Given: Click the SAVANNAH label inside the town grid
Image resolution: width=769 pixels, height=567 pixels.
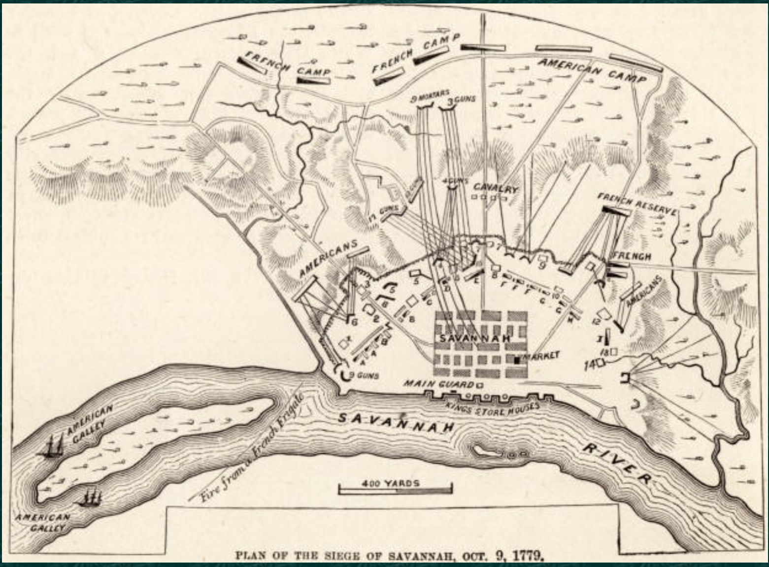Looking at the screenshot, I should click(474, 339).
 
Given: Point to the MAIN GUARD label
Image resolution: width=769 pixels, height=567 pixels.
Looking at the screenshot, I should click(438, 384).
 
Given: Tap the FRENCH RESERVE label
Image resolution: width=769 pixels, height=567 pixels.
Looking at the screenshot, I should click(636, 203).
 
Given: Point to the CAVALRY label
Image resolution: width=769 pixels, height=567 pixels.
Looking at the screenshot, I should click(496, 189).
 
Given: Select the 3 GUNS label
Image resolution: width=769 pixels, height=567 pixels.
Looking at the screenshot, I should click(461, 100).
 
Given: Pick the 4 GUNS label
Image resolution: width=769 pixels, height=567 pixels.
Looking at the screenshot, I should click(455, 181).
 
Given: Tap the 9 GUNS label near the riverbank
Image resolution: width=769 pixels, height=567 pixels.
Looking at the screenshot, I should click(364, 376).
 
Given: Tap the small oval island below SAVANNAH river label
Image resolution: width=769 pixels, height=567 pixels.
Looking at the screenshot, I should click(485, 450).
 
